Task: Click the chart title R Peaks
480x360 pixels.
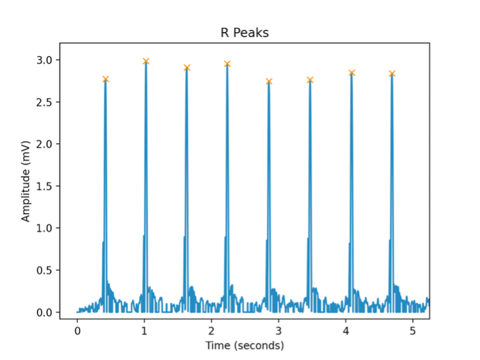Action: (244, 33)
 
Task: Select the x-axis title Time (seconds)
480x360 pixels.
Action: (244, 345)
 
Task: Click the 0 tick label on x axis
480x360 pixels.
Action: (77, 330)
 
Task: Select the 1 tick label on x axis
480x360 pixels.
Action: (144, 330)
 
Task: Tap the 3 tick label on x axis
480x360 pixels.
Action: (278, 330)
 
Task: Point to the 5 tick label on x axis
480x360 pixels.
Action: (413, 330)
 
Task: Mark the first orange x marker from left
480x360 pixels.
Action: (106, 79)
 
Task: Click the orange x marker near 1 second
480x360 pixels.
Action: (146, 61)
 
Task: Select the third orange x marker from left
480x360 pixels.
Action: (187, 67)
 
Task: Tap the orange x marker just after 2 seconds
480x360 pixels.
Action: (227, 64)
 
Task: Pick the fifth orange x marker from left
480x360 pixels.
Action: (269, 81)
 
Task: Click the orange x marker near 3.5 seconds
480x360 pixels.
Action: (310, 80)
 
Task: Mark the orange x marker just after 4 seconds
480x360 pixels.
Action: (351, 73)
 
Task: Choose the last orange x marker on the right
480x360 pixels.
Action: (392, 74)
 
